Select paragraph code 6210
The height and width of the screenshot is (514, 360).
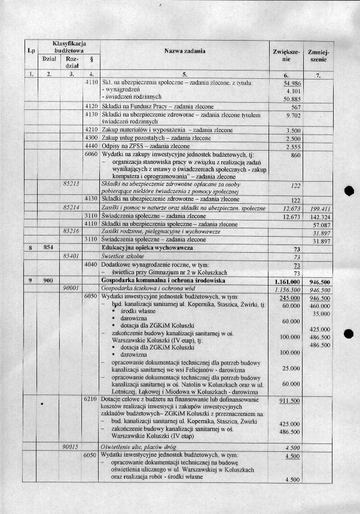coord(91,397)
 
